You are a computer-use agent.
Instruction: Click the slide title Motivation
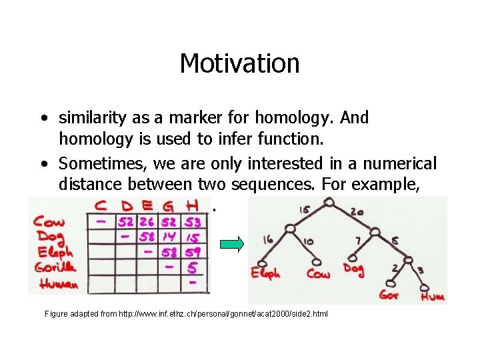click(x=239, y=64)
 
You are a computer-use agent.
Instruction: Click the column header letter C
click(x=103, y=206)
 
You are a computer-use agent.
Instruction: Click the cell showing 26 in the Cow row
click(x=148, y=222)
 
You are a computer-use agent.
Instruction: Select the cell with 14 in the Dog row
click(x=171, y=237)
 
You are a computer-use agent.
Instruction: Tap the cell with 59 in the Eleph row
click(x=194, y=252)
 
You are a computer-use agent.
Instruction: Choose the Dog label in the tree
click(x=354, y=268)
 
